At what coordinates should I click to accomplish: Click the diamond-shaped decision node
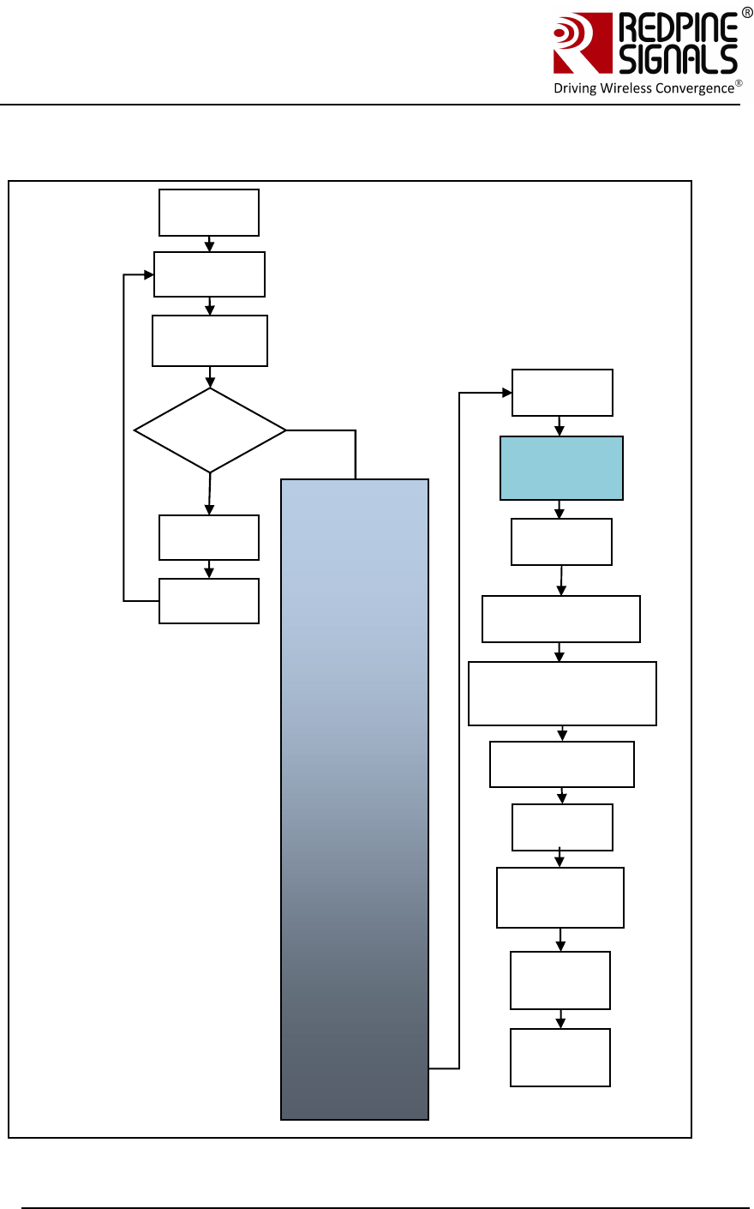(210, 430)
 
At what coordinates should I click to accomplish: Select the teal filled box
(561, 468)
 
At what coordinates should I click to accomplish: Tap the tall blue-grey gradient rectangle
(355, 799)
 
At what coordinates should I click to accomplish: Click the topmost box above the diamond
(209, 213)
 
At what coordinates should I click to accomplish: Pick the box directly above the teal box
(562, 393)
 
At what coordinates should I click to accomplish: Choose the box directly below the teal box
(561, 542)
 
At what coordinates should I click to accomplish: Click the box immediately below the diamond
(209, 538)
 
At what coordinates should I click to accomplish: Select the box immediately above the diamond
(210, 341)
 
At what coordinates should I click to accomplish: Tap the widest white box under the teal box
(562, 694)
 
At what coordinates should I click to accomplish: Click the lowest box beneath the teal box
(560, 1057)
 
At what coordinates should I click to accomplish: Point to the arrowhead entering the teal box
(560, 431)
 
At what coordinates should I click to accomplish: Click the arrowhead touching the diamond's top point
(210, 382)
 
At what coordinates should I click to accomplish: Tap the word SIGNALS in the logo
(678, 59)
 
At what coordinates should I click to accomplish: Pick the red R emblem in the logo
(582, 43)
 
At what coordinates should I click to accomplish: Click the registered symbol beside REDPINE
(746, 13)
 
